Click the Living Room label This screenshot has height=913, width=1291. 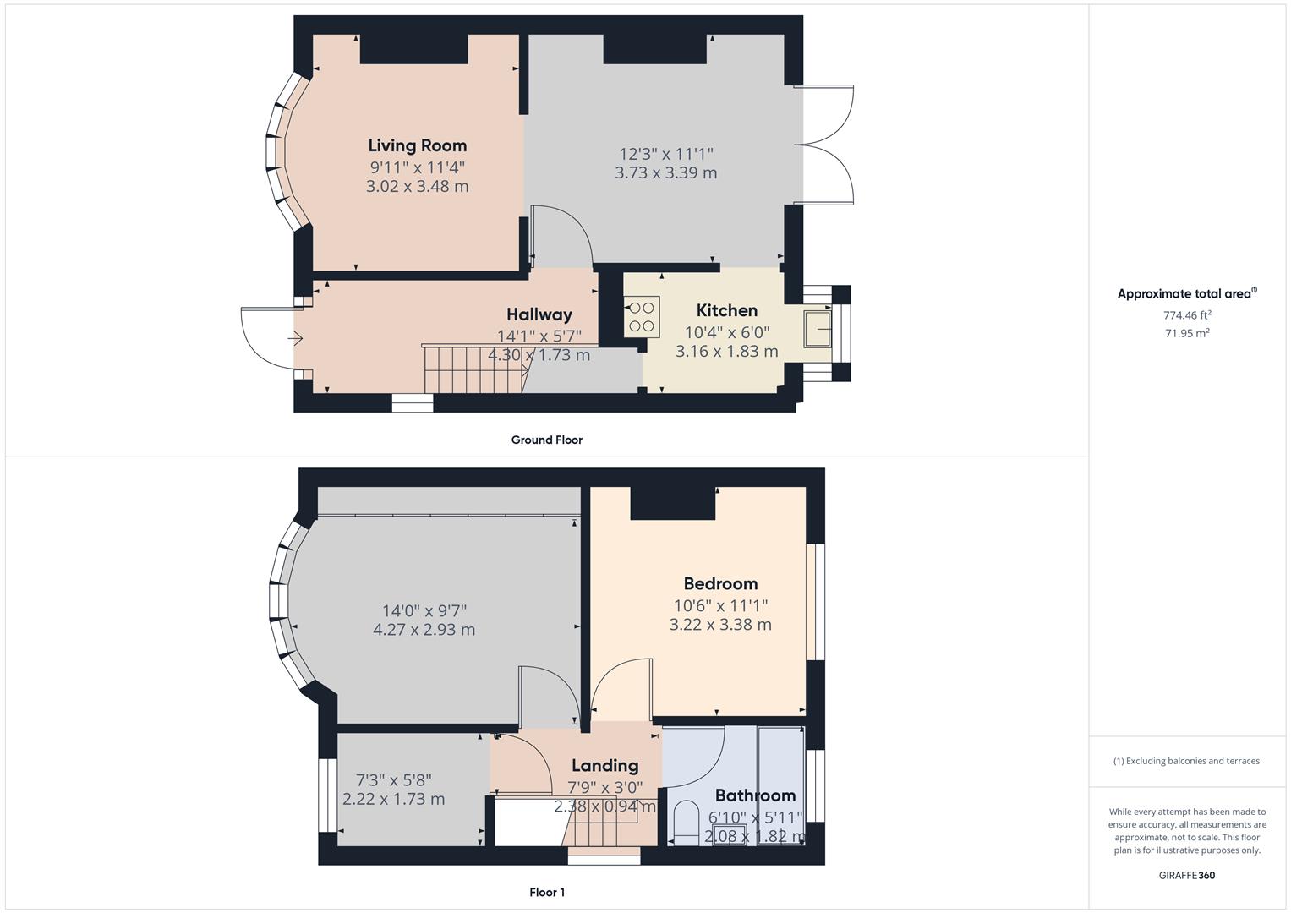coord(417,145)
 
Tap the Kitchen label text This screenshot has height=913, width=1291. coord(726,310)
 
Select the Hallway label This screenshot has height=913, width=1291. coord(539,315)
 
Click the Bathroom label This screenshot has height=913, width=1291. coord(755,795)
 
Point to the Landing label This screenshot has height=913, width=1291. coord(604,766)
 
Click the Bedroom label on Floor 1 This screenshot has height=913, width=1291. coord(720,583)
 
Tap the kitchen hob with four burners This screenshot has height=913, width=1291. coord(642,316)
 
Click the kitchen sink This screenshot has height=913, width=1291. coord(818,328)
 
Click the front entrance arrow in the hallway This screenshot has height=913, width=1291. coord(295,339)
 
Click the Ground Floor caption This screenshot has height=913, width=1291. coord(546,440)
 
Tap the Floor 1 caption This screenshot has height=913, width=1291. coord(546,892)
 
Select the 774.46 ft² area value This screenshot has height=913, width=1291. coord(1187,315)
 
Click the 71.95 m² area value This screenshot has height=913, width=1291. coord(1187,333)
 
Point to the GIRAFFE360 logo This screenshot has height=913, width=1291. coord(1187,875)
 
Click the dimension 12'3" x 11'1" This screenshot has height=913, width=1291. coord(666,154)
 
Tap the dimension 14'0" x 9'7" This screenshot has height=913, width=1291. coord(424,610)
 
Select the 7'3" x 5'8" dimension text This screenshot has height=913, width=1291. coord(393,779)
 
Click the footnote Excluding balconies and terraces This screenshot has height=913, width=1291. coord(1186,761)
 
